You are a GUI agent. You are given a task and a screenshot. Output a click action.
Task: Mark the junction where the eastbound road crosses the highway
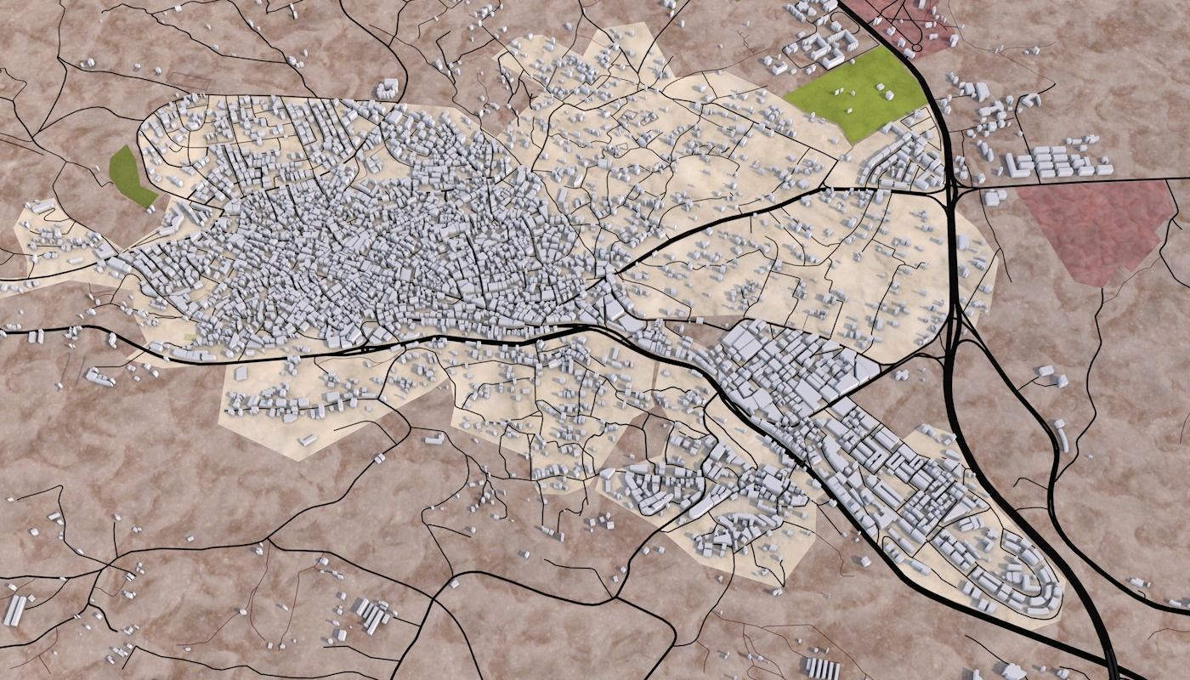(x=952, y=188)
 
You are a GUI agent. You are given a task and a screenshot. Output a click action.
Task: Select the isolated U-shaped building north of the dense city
(x=388, y=88)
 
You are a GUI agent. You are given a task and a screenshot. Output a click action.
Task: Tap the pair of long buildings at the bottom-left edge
(x=14, y=610)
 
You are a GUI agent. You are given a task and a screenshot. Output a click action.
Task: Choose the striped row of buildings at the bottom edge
(x=821, y=668)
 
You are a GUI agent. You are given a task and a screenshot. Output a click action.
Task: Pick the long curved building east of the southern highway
(x=1063, y=437)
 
